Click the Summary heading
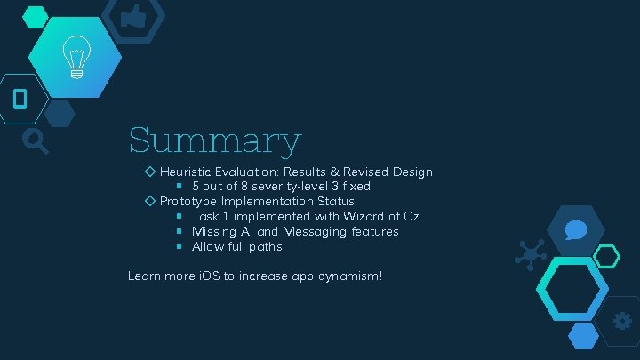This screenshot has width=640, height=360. (x=214, y=141)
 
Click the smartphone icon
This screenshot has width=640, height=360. (x=20, y=98)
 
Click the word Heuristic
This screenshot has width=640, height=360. (x=185, y=172)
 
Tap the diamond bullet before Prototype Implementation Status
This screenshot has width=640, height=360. (x=150, y=202)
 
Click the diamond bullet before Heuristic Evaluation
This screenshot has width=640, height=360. (x=150, y=172)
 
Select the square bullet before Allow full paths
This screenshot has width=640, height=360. (x=179, y=246)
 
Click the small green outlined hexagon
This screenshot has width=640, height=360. (x=606, y=257)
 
